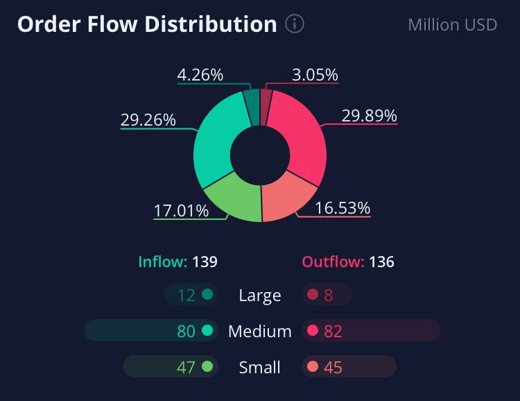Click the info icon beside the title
(295, 24)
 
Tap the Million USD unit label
(452, 25)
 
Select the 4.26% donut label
(200, 75)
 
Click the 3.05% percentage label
(315, 75)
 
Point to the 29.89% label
(370, 116)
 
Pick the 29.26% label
(148, 120)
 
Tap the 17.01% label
(182, 210)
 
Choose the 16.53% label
(343, 208)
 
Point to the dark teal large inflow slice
(252, 106)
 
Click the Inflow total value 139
(205, 262)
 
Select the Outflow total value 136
(382, 262)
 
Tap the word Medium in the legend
(260, 332)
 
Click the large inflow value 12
(187, 295)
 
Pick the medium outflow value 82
(333, 332)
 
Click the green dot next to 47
(207, 366)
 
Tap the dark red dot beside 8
(313, 294)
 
